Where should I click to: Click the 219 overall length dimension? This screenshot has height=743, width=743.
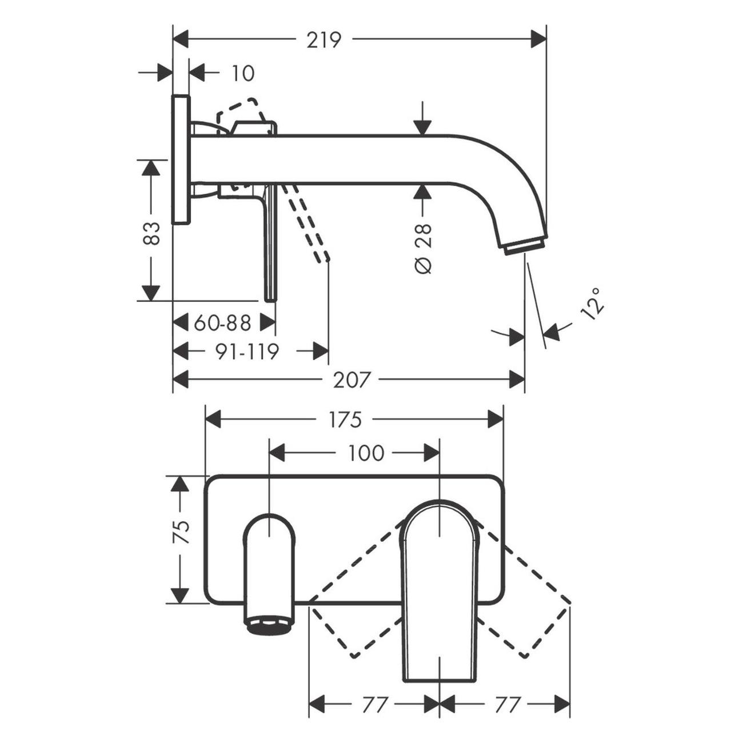(x=323, y=40)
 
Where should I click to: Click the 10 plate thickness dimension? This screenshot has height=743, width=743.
(x=243, y=74)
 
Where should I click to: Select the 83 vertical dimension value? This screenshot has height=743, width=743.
(x=151, y=233)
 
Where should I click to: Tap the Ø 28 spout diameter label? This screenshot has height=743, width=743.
(x=424, y=249)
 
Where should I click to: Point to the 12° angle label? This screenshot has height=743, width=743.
(x=592, y=303)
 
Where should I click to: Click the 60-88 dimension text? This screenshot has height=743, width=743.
(x=222, y=323)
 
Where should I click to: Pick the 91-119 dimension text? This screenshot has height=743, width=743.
(x=246, y=351)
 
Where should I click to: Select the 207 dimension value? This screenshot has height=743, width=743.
(x=352, y=380)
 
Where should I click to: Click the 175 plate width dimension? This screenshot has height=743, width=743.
(x=345, y=420)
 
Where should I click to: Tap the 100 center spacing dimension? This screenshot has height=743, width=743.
(x=366, y=454)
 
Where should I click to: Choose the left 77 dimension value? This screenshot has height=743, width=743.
(x=376, y=705)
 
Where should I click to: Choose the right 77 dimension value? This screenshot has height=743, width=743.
(x=508, y=705)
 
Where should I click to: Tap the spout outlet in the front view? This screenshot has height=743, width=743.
(x=269, y=624)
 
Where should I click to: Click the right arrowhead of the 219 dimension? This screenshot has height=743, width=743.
(x=539, y=40)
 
